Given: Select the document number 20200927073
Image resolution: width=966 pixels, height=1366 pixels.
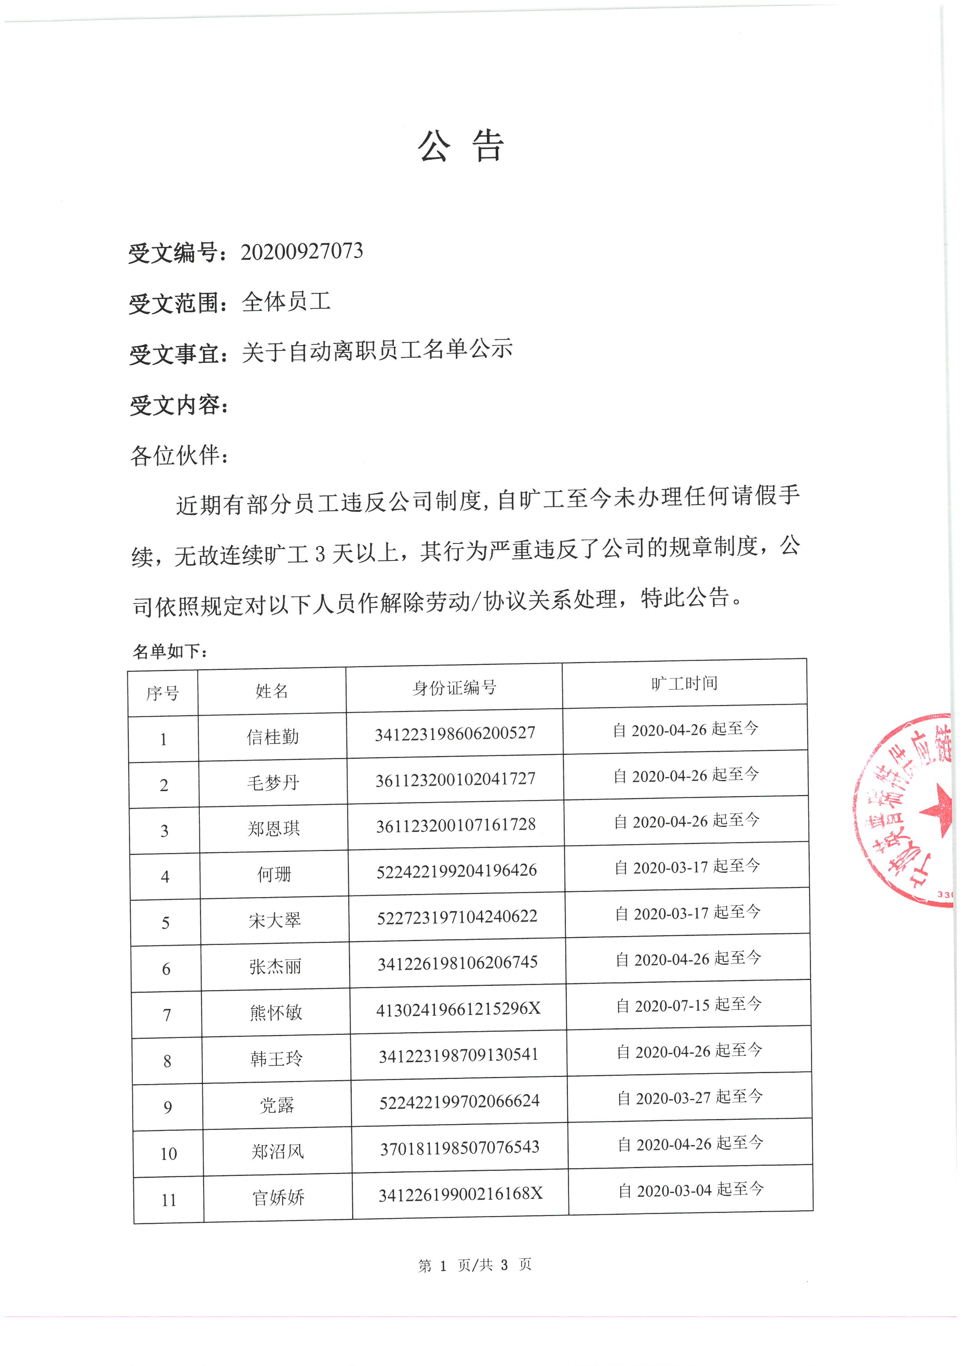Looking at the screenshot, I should point(301,252).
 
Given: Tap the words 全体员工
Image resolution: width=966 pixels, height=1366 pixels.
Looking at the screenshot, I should point(286,301).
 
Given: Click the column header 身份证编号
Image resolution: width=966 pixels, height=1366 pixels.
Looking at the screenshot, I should point(455,688).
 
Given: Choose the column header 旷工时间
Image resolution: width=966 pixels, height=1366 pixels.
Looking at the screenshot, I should point(684,684).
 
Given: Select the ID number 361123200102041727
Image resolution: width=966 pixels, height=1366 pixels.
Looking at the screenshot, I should point(456,779).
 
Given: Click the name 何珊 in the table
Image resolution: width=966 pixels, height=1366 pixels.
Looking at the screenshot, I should point(274,874).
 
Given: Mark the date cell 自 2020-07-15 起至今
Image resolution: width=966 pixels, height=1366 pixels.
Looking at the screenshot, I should point(689,1005).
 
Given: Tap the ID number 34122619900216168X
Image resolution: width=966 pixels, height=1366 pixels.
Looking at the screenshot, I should point(460,1193).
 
